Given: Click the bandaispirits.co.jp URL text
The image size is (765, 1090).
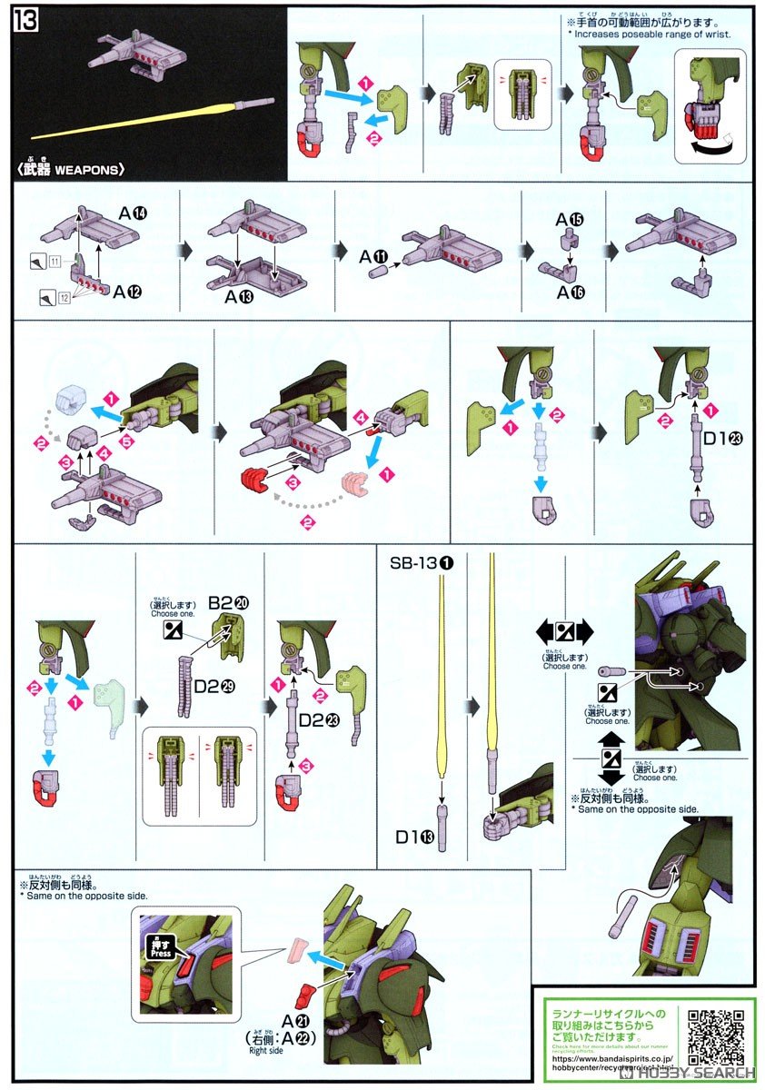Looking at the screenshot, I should (608, 1059).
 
